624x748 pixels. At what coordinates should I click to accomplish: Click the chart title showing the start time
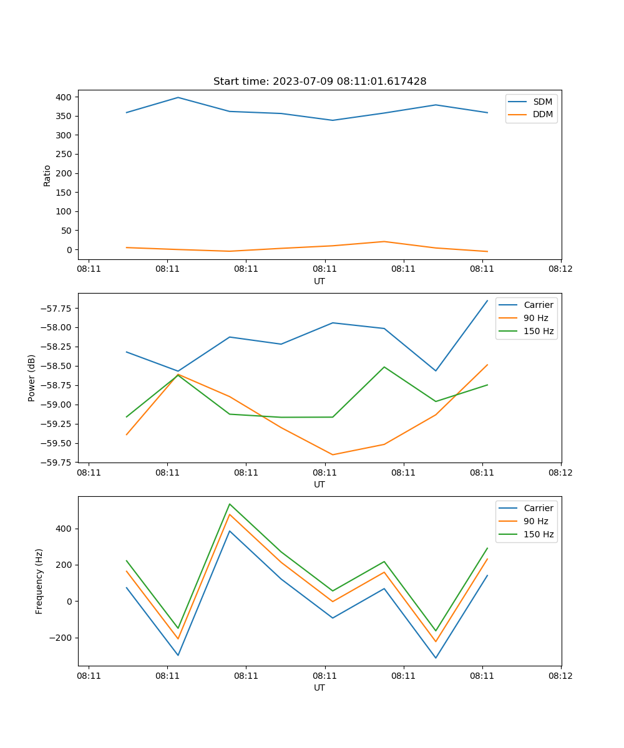[x=319, y=82]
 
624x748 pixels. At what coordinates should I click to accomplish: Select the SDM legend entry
[x=542, y=102]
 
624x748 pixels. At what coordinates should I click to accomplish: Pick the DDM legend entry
[x=542, y=114]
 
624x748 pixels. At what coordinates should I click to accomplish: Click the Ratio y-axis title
[x=47, y=175]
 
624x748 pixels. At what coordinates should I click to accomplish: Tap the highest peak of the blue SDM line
[x=178, y=97]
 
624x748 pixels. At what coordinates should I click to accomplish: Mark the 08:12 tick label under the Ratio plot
[x=560, y=269]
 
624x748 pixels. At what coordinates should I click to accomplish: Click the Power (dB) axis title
[x=32, y=378]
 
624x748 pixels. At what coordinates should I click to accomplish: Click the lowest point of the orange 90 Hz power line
[x=333, y=454]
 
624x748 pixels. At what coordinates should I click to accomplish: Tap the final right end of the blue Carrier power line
[x=487, y=300]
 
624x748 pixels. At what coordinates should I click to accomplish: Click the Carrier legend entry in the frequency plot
[x=538, y=508]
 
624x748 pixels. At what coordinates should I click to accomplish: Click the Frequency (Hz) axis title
[x=39, y=581]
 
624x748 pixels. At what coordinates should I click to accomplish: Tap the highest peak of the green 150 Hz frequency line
[x=230, y=504]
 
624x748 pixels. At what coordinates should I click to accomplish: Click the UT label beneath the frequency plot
[x=319, y=688]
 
